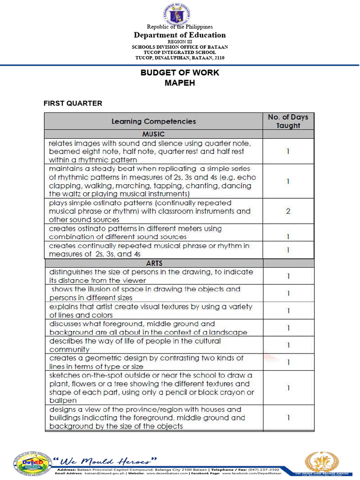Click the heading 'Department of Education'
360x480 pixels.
point(180,35)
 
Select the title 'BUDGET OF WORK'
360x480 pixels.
point(180,73)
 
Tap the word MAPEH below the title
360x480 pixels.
point(180,82)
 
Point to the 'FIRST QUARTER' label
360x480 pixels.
point(73,103)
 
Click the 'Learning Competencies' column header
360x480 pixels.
point(153,121)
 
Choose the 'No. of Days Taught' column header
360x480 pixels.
point(288,121)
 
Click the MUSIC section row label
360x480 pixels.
point(153,134)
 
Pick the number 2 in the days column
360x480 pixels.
point(288,211)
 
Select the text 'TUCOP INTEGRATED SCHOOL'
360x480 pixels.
point(180,52)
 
